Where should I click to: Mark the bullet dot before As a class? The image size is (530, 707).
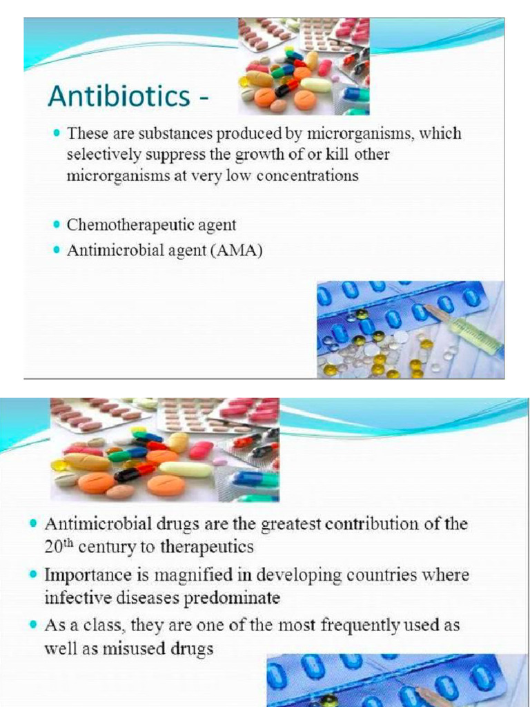(x=34, y=625)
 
